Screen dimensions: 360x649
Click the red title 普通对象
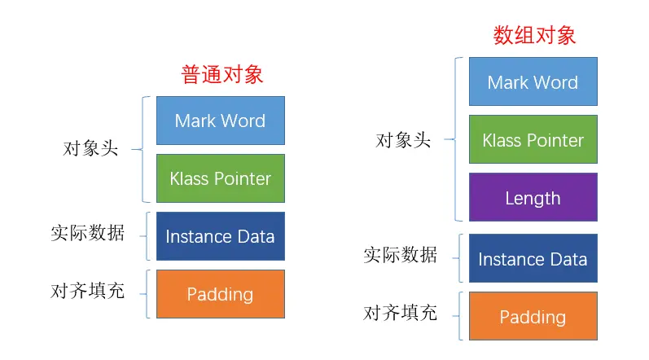[x=221, y=75]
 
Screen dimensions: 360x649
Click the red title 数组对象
[x=534, y=35]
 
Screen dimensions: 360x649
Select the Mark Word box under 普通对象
[x=220, y=121]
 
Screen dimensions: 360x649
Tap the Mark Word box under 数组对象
[x=533, y=81]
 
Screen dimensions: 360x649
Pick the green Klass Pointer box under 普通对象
[x=220, y=178]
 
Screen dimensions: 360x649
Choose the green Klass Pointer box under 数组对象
[x=533, y=140]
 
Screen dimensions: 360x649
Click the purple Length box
[x=533, y=198]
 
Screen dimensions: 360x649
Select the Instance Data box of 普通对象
[x=220, y=236]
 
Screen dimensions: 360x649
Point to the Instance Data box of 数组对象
[x=533, y=259]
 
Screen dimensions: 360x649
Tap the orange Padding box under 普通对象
[x=220, y=294]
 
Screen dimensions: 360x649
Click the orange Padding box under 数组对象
[x=533, y=317]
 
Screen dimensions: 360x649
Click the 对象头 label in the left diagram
[x=90, y=149]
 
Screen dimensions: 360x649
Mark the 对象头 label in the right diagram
[x=402, y=139]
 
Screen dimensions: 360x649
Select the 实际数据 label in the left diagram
[x=87, y=233]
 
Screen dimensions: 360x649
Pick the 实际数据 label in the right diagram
[x=400, y=255]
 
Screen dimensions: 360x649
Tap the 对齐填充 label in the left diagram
[x=87, y=291]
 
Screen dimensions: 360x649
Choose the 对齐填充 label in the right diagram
[x=400, y=313]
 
